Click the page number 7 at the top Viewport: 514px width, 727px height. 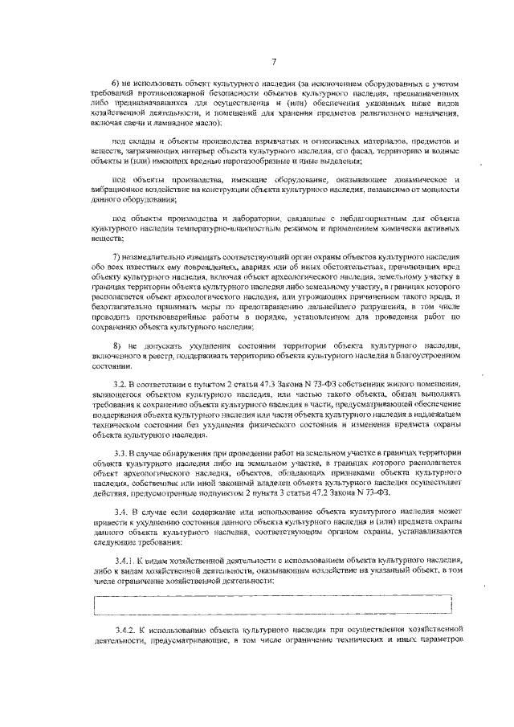pyautogui.click(x=274, y=62)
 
